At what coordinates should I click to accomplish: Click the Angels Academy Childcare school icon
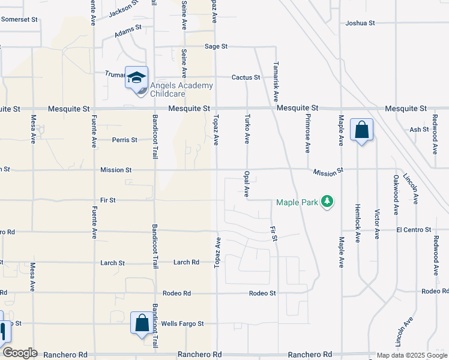136,77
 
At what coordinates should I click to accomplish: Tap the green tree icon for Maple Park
327,202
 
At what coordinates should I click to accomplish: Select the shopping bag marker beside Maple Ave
361,130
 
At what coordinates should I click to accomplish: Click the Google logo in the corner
19,353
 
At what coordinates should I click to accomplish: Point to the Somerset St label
19,19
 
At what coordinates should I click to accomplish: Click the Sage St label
216,46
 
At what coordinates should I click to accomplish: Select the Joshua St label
360,23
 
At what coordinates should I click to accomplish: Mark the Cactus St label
246,77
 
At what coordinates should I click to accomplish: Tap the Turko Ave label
247,130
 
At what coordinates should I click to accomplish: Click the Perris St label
125,140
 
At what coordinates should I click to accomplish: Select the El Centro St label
414,230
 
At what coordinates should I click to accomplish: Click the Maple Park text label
297,202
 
